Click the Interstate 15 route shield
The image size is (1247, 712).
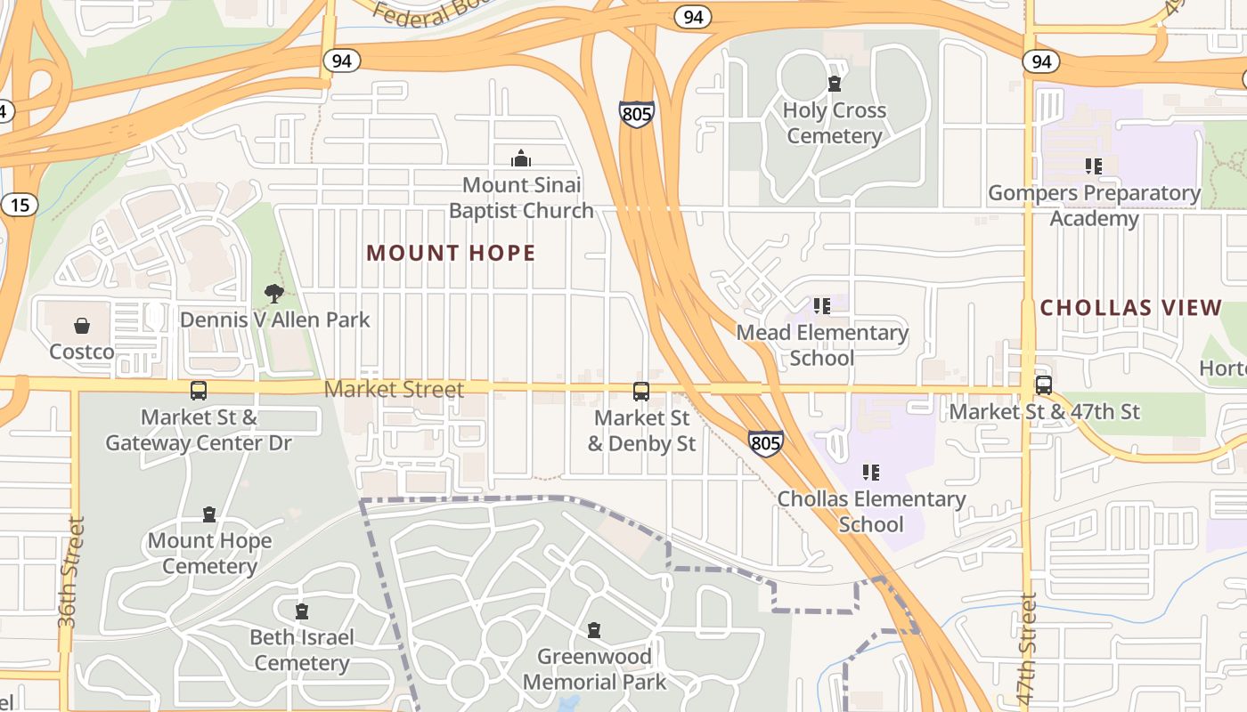19,206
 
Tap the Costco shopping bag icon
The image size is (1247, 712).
82,326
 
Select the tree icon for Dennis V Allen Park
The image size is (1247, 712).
274,293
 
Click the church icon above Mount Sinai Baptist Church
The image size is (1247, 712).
521,159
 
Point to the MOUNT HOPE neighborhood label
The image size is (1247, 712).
451,254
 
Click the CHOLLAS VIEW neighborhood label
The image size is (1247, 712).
1131,308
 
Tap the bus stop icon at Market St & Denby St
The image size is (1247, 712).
641,392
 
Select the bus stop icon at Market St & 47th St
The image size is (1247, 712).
1044,385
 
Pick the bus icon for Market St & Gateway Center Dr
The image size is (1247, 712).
199,391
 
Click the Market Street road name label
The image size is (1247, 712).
394,390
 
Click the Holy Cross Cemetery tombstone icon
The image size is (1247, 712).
835,85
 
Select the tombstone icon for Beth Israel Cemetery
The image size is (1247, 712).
302,611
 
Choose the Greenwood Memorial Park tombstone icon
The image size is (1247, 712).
594,630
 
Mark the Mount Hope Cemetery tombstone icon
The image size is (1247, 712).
209,514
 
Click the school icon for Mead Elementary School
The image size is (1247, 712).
822,306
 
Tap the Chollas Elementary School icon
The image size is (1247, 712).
871,473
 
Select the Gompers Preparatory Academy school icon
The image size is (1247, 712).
1094,166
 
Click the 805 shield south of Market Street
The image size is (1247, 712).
765,443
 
